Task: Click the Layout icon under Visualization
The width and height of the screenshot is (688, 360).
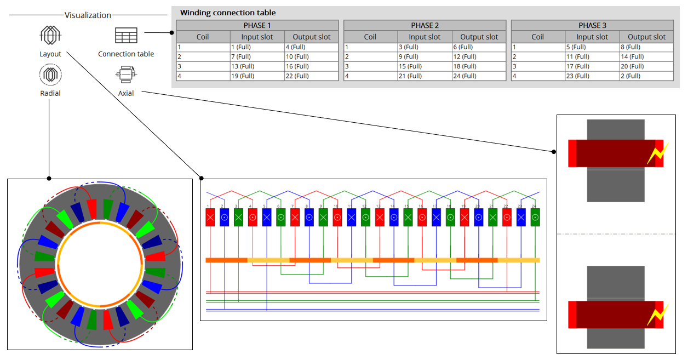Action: point(50,36)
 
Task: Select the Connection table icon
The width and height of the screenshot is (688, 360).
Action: point(126,36)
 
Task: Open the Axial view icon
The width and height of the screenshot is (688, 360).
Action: point(126,74)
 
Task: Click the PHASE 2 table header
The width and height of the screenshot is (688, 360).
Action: point(425,25)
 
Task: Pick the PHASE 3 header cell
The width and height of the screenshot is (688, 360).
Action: point(592,25)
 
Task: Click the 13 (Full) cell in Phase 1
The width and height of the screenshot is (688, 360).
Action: point(256,66)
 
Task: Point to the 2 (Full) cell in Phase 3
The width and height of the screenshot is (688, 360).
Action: point(647,76)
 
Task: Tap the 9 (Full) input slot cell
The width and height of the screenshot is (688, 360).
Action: point(424,56)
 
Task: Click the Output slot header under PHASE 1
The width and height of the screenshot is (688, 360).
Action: point(311,37)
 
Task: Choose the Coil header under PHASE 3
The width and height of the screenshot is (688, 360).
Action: point(537,37)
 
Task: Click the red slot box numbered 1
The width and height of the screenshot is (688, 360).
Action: point(210,217)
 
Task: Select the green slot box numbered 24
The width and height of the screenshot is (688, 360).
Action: point(535,217)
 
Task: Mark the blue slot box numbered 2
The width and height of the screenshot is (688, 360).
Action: point(224,217)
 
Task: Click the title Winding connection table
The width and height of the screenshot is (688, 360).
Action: point(228,13)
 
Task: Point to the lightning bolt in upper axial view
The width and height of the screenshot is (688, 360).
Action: point(656,154)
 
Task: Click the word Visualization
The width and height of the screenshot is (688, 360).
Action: point(88,15)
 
